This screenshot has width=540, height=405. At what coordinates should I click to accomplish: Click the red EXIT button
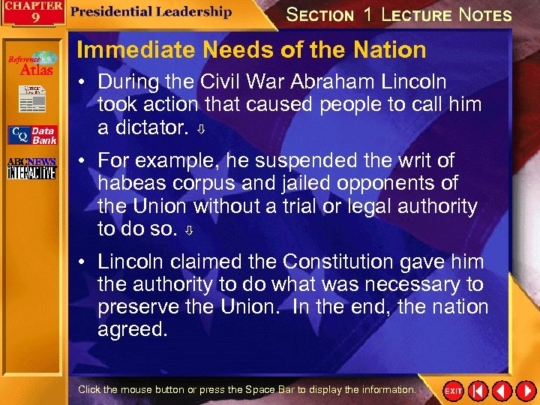453,391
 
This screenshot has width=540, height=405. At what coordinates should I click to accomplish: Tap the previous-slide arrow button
502,391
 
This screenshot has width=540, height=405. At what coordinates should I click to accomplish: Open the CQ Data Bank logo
31,135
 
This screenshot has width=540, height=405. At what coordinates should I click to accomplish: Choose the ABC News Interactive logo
31,169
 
